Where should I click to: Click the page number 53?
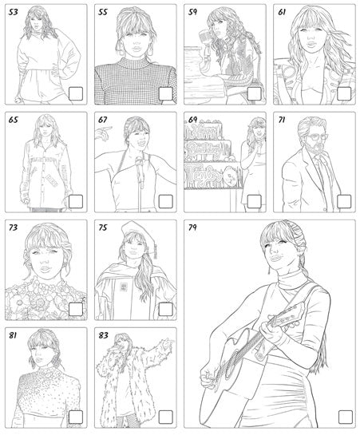pos(14,13)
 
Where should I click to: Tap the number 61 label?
pos(281,13)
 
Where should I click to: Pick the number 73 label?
pos(14,227)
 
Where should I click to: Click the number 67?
pos(103,121)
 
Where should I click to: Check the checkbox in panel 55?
pos(165,94)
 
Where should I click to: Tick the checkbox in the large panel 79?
pos(344,416)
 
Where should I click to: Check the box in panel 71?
pos(344,201)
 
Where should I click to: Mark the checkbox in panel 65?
pos(76,201)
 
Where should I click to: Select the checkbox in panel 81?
pos(76,416)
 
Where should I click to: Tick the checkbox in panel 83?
pos(165,416)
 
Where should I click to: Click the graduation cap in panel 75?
pos(131,231)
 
